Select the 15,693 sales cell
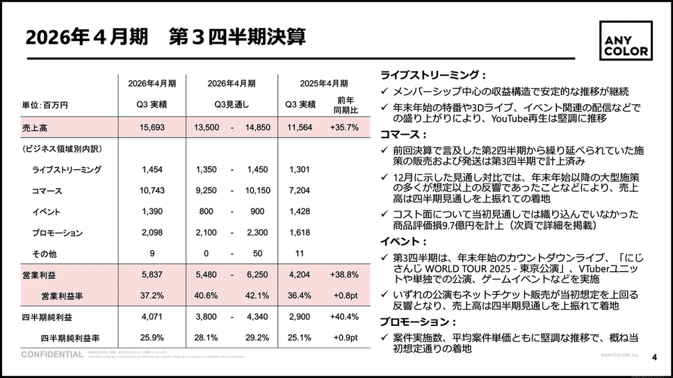pyautogui.click(x=152, y=127)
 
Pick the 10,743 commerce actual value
pyautogui.click(x=152, y=190)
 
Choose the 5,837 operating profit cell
pyautogui.click(x=152, y=275)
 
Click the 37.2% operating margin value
pyautogui.click(x=152, y=296)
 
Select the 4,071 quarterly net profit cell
pyautogui.click(x=152, y=317)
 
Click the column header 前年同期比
pyautogui.click(x=345, y=105)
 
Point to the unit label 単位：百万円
pyautogui.click(x=45, y=105)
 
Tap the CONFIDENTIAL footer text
pyautogui.click(x=52, y=354)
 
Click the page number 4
pyautogui.click(x=654, y=357)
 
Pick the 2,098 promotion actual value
pyautogui.click(x=152, y=233)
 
